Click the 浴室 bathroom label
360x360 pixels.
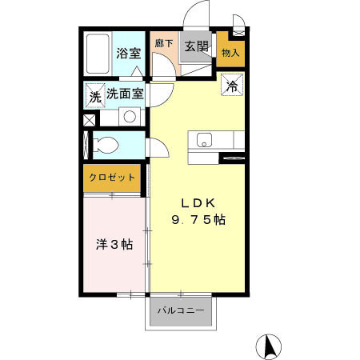pyautogui.click(x=129, y=54)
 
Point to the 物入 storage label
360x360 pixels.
pyautogui.click(x=230, y=54)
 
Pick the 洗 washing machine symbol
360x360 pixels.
pyautogui.click(x=94, y=97)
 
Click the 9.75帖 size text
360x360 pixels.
pyautogui.click(x=196, y=220)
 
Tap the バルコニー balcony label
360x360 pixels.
pyautogui.click(x=180, y=310)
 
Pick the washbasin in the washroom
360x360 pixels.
pyautogui.click(x=128, y=117)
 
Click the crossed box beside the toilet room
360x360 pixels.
pyautogui.click(x=88, y=120)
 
